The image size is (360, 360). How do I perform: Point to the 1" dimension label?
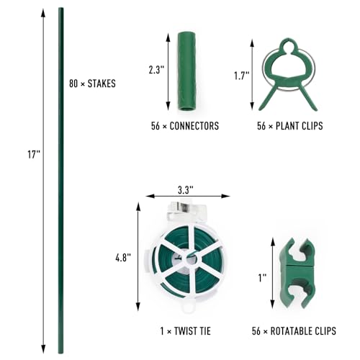pyautogui.click(x=262, y=276)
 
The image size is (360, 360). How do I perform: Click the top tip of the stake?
pyautogui.click(x=60, y=10)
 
